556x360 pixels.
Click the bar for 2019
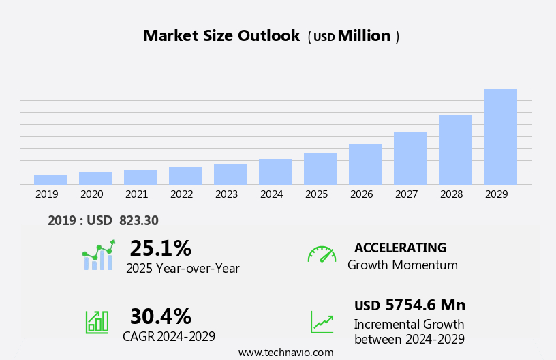click(50, 179)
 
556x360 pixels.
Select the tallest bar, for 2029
click(500, 136)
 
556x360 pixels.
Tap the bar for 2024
click(275, 172)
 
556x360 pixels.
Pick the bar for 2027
click(410, 158)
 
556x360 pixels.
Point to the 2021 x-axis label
click(136, 194)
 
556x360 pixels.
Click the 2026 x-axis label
click(361, 194)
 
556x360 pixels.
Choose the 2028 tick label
click(451, 194)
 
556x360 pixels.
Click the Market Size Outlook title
click(221, 36)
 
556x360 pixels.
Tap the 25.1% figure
click(160, 248)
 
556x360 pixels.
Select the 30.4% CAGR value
click(160, 316)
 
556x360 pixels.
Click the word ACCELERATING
click(400, 247)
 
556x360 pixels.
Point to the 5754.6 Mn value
click(425, 305)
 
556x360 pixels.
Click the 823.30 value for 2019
click(138, 220)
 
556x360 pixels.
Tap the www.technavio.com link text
click(285, 352)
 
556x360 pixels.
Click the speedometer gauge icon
click(322, 254)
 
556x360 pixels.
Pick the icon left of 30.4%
click(97, 322)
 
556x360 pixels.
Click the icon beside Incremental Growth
click(322, 322)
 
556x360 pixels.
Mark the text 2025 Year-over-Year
click(183, 269)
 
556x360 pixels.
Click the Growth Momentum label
click(402, 265)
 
